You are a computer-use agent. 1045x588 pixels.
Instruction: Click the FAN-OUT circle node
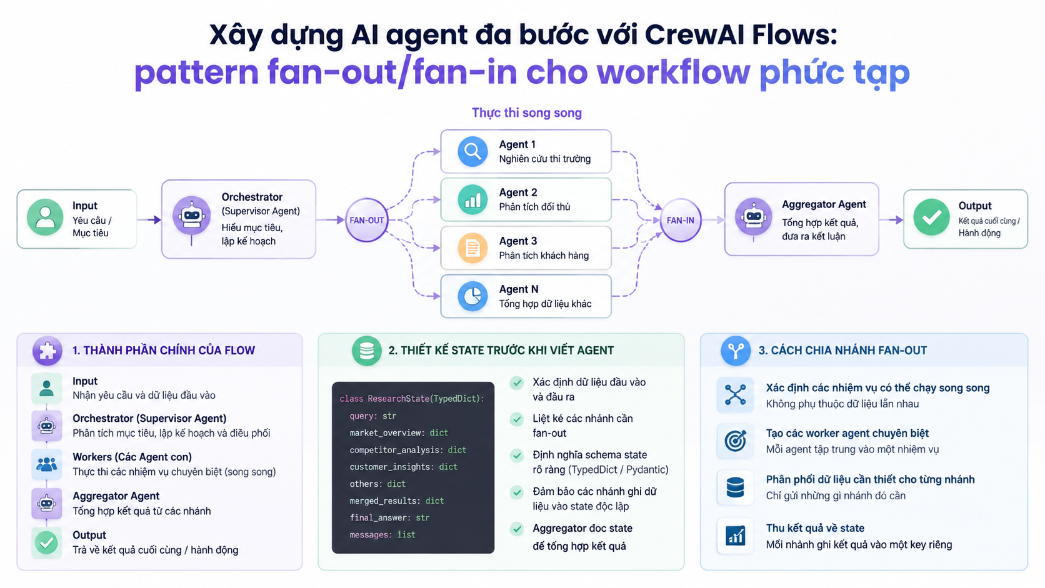pyautogui.click(x=367, y=220)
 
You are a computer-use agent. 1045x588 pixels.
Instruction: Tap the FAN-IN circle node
pyautogui.click(x=681, y=220)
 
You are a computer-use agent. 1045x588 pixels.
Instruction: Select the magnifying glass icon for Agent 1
pyautogui.click(x=472, y=152)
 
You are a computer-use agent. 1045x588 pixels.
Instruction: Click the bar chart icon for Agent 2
pyautogui.click(x=472, y=200)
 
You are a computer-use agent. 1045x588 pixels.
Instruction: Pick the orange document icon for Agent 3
pyautogui.click(x=472, y=248)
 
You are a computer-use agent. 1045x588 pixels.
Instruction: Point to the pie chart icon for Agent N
pyautogui.click(x=472, y=296)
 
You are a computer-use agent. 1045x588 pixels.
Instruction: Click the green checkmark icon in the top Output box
pyautogui.click(x=931, y=217)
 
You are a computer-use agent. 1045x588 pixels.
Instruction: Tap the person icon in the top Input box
pyautogui.click(x=45, y=217)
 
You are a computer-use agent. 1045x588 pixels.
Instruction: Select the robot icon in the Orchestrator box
pyautogui.click(x=192, y=216)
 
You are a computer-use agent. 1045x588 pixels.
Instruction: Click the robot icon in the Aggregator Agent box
pyautogui.click(x=753, y=217)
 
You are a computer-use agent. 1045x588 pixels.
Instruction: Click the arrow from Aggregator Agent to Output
pyautogui.click(x=891, y=219)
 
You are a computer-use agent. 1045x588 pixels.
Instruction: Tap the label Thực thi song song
pyautogui.click(x=527, y=113)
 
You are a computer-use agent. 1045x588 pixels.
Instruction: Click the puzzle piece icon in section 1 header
pyautogui.click(x=47, y=351)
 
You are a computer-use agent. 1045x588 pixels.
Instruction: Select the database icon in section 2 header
pyautogui.click(x=367, y=351)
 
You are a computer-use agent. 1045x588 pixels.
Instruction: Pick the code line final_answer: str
pyautogui.click(x=389, y=517)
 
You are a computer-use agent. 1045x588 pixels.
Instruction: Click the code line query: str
pyautogui.click(x=372, y=416)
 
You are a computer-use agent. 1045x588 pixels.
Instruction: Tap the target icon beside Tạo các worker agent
pyautogui.click(x=735, y=441)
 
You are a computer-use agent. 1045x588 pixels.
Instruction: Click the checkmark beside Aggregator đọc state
pyautogui.click(x=516, y=529)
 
